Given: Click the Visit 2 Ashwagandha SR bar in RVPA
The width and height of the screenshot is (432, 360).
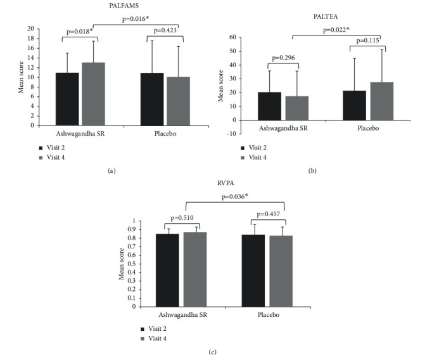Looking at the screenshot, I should click(x=167, y=270).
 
